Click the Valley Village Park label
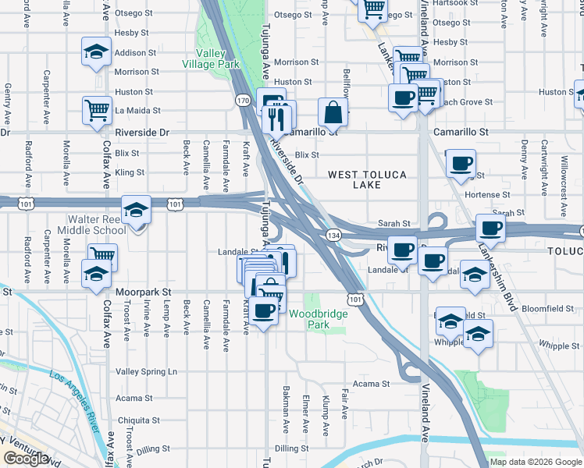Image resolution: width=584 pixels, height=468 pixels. tap(211, 59)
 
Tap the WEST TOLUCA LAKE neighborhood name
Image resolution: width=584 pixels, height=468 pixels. tap(366, 179)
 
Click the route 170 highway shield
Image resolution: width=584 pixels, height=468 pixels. tap(243, 100)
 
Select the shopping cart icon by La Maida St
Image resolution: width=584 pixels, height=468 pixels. tap(97, 108)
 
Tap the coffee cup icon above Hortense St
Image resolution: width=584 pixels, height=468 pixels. tap(460, 162)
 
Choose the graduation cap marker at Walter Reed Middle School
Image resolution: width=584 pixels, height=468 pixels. tap(136, 210)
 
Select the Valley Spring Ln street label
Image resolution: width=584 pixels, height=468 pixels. tap(147, 371)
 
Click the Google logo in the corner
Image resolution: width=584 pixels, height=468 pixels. tap(26, 459)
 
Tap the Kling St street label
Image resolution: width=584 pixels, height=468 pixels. tap(130, 172)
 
